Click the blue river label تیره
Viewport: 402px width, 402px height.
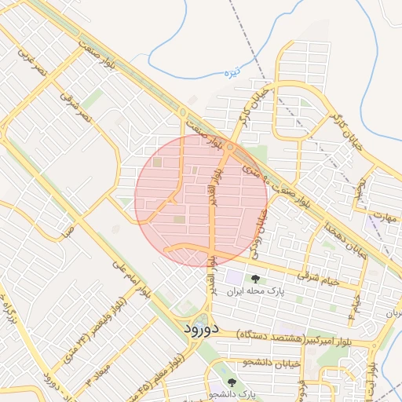coord(231,72)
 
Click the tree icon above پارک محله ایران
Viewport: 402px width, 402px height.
coord(254,279)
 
